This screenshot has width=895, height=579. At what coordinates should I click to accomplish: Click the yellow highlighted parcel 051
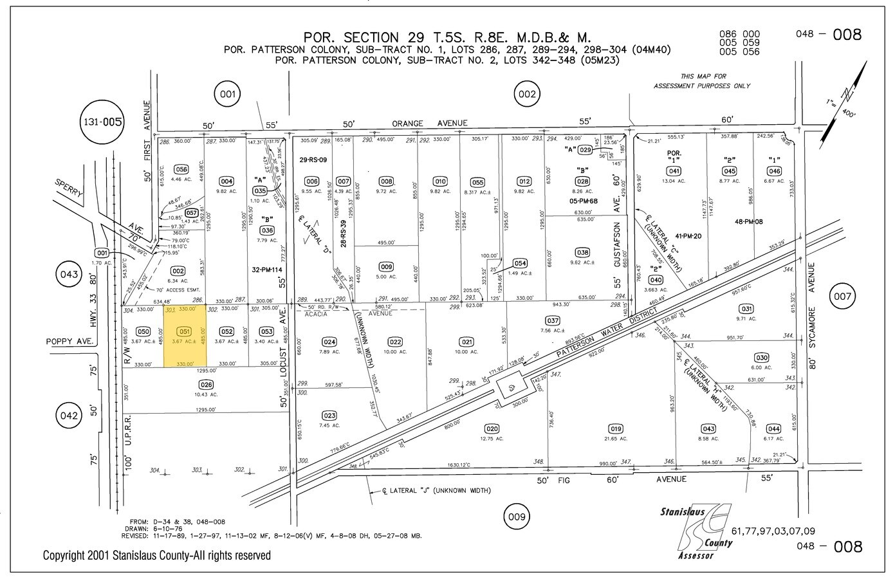[185, 336]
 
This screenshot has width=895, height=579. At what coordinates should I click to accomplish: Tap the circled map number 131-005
[102, 121]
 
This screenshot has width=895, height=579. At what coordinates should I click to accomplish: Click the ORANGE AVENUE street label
[430, 123]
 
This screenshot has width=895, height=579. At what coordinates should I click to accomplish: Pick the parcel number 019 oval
[615, 428]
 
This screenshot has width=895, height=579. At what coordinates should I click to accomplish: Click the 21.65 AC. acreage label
[615, 438]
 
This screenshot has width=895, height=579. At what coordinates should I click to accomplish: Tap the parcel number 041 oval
[674, 171]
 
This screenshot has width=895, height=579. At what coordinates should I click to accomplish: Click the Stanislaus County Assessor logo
[698, 531]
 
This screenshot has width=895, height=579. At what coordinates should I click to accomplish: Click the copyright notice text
[157, 555]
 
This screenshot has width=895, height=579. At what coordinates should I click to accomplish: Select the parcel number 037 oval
[552, 320]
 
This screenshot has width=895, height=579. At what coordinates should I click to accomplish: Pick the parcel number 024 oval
[329, 342]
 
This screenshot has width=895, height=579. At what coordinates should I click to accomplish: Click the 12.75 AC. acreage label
[492, 438]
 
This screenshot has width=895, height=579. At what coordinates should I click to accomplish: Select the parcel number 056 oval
[181, 170]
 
